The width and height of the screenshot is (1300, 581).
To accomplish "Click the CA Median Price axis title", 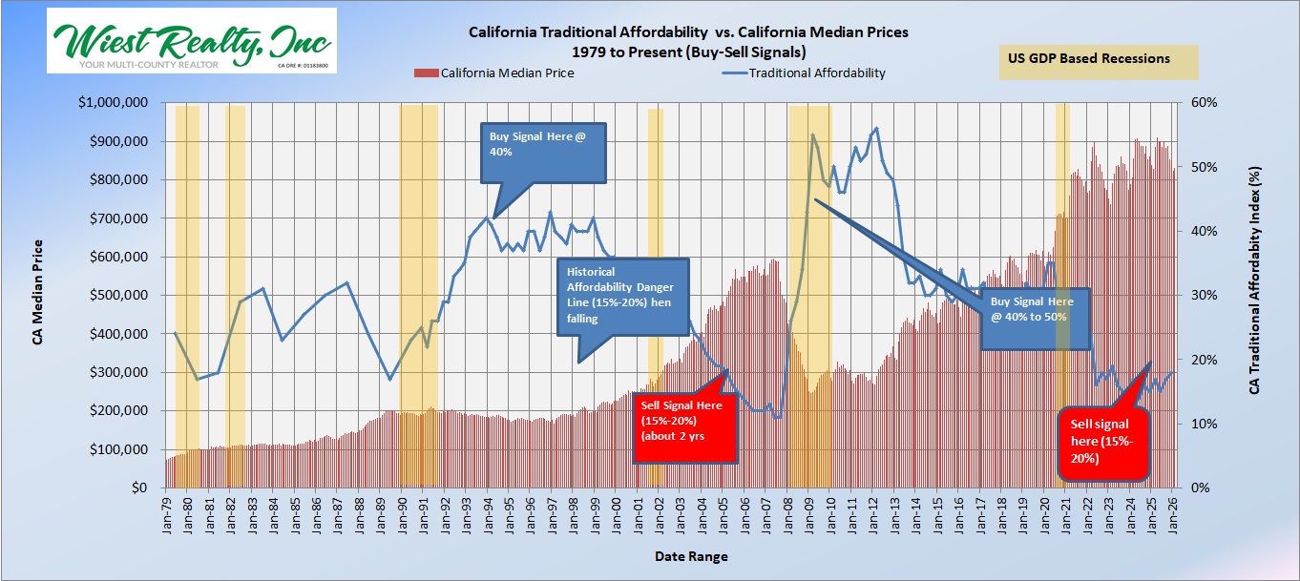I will click(39, 296).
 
